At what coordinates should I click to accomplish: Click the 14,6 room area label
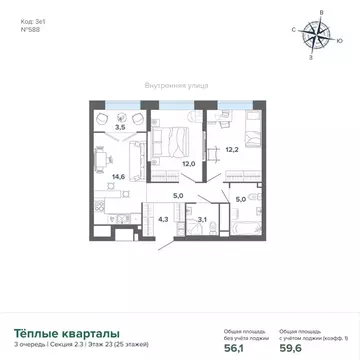pos(119,174)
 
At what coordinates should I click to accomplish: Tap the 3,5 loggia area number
pos(120,128)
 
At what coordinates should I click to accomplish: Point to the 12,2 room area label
pos(231,149)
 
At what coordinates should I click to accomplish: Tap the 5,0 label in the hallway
pos(177,196)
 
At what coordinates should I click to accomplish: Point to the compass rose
pos(319,36)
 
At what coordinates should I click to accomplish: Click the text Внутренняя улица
pos(176,85)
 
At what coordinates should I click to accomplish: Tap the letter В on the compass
pos(320,12)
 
